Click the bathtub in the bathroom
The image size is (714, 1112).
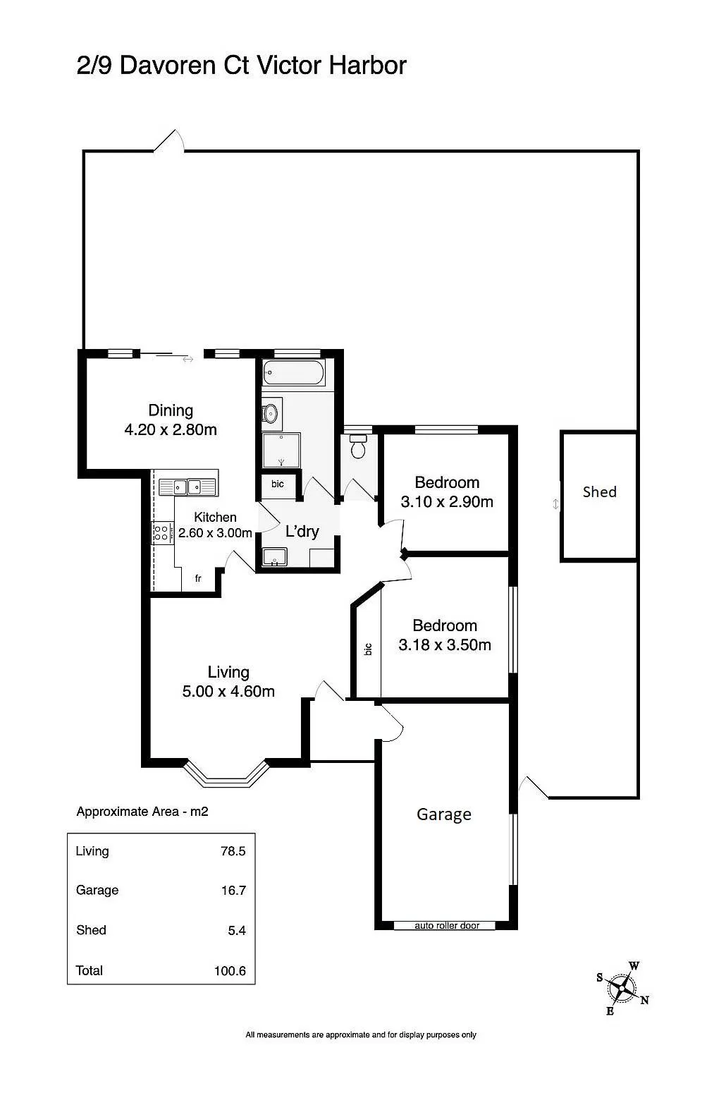pos(293,372)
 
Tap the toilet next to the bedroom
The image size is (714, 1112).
pos(358,446)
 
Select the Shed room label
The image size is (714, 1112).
pos(599,492)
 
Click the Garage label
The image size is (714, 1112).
pos(443,814)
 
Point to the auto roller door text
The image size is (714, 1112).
pos(447,925)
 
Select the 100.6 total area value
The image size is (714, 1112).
pos(230,970)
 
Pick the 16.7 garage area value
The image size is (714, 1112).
pos(233,890)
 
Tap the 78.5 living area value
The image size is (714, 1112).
pos(233,851)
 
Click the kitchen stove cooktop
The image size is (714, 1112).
pos(161,533)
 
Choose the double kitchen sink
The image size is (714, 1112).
pos(187,487)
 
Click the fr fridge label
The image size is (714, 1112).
pos(198,578)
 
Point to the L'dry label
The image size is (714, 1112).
pos(302,531)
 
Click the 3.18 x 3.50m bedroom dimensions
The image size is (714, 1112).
pos(445,644)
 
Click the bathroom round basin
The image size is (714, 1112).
pos(271,413)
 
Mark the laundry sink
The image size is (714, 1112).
pos(274,557)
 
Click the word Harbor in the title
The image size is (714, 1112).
pos(368,65)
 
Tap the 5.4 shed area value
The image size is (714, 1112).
pos(237,930)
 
